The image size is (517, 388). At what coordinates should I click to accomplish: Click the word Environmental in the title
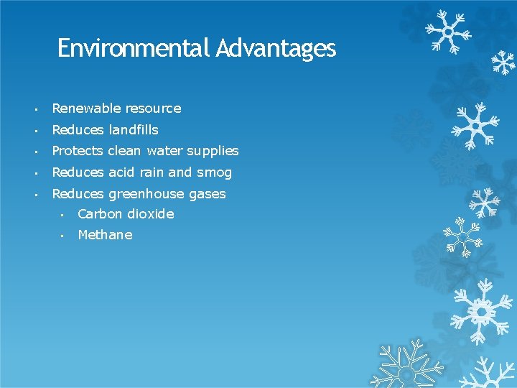[x=132, y=48]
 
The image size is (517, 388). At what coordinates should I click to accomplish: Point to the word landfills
[x=134, y=130]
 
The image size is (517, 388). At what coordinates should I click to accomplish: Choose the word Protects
[x=78, y=151]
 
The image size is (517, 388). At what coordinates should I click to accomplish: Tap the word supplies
[x=213, y=152]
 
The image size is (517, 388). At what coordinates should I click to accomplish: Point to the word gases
[x=208, y=195]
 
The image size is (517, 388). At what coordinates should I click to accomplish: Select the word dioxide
[x=151, y=214]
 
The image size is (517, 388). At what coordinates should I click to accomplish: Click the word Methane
[x=105, y=235]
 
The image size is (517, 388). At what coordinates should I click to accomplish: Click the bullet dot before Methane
[x=63, y=236]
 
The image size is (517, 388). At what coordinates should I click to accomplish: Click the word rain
[x=153, y=172]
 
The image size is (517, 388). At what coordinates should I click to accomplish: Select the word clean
[x=125, y=151]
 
